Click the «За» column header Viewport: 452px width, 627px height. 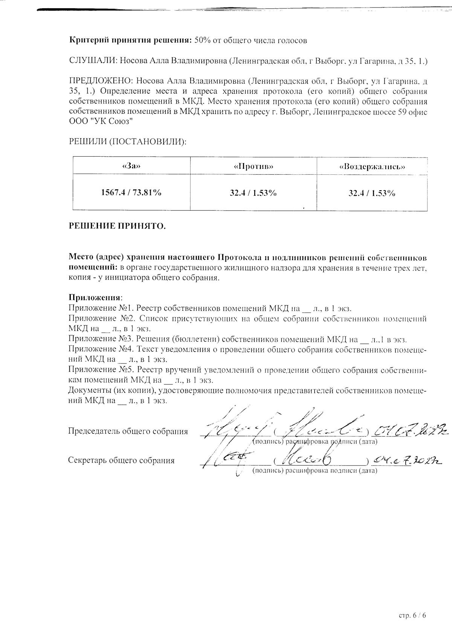coord(131,166)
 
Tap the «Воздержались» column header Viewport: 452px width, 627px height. coord(372,166)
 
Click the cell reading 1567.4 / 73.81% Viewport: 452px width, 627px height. coord(131,192)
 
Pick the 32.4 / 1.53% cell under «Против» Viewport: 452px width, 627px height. coord(253,193)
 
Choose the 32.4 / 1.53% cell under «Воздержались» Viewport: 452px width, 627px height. coord(372,193)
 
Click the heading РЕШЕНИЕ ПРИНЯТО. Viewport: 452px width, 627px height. coord(117,226)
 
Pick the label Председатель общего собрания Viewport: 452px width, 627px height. coord(128,431)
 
